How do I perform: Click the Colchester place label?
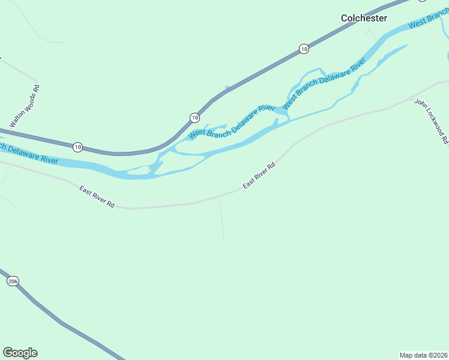pos(364,18)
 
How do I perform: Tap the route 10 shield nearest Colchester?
pos(304,49)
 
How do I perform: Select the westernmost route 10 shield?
pos(77,146)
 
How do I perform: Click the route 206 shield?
pos(13,281)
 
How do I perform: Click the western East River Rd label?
pos(97,197)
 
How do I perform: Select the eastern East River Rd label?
pos(259,176)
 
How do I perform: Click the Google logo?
pos(20,353)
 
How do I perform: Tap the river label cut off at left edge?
pos(29,154)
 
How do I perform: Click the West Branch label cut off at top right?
pos(427,22)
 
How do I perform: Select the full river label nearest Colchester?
pos(324,81)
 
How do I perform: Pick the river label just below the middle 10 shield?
pos(231,122)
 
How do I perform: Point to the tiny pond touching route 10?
pos(226,89)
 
